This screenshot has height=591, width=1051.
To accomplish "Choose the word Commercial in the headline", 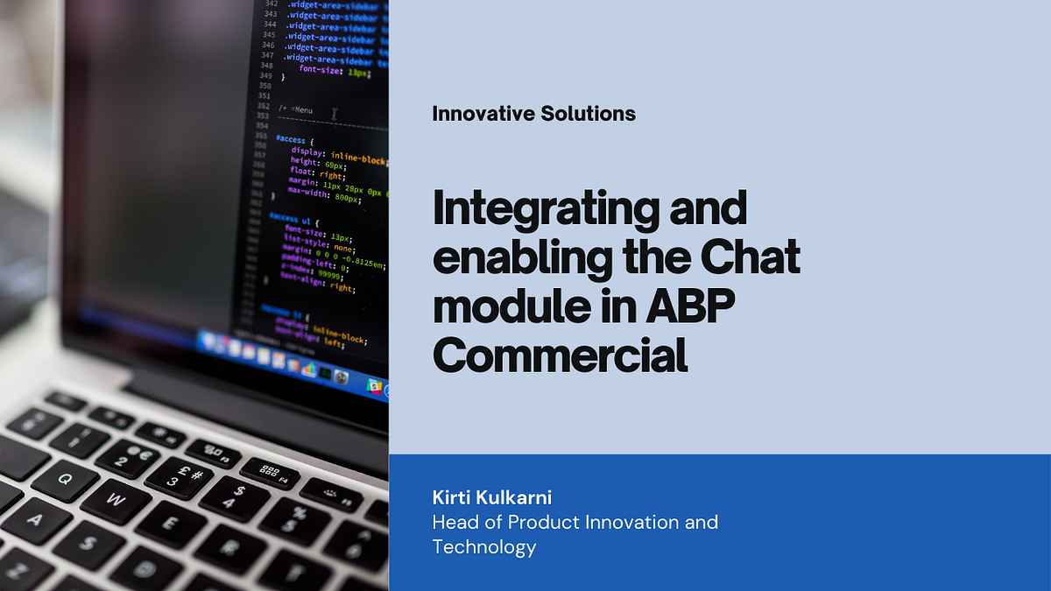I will (x=561, y=355).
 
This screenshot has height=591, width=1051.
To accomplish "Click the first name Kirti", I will (x=455, y=498).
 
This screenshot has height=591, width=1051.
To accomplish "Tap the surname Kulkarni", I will (x=521, y=498).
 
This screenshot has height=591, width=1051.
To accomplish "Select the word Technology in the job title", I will (x=484, y=548).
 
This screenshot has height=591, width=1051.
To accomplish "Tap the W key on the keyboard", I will (x=116, y=500).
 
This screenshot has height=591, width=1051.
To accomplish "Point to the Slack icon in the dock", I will (x=374, y=385).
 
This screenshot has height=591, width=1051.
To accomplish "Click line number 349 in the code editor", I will (x=266, y=76).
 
